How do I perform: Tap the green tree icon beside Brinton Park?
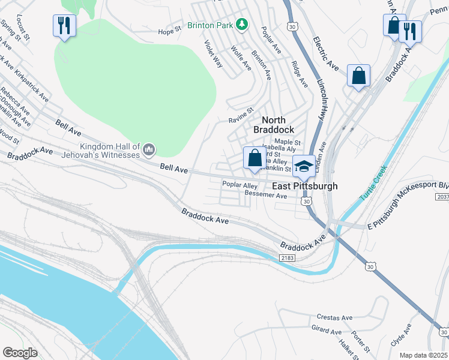point(241,25)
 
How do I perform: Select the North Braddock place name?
point(274,124)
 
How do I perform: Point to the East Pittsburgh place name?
point(305,186)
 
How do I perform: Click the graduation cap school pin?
point(304,166)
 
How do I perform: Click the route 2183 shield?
point(287,257)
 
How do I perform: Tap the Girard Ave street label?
point(327,329)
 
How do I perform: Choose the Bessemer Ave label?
point(267,196)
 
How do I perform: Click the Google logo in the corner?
point(20,353)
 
